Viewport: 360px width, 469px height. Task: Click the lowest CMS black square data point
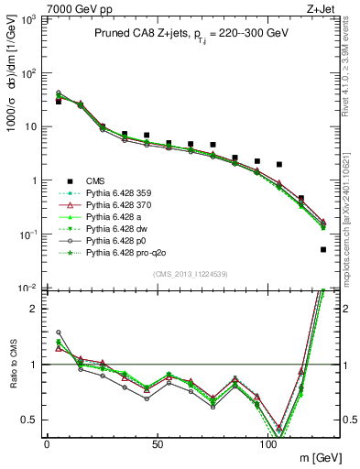(x=323, y=249)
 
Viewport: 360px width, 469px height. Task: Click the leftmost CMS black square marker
(x=59, y=102)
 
